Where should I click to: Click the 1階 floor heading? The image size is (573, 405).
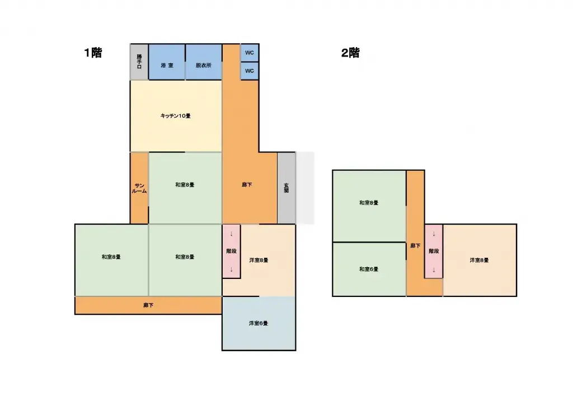[93, 53]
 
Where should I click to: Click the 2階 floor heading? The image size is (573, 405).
[350, 53]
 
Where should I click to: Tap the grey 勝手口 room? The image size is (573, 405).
[139, 62]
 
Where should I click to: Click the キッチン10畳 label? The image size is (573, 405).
[176, 116]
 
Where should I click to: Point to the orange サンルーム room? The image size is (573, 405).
[140, 188]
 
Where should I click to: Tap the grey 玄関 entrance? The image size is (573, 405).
[286, 188]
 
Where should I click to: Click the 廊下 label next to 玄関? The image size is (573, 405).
[247, 185]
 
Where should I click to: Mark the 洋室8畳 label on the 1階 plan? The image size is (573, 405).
[259, 260]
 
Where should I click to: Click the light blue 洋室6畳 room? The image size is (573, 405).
[259, 323]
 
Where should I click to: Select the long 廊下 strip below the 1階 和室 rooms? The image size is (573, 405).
[148, 305]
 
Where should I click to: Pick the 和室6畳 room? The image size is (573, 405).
[369, 269]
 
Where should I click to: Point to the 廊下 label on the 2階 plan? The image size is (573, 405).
[415, 245]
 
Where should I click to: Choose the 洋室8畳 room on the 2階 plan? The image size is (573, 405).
[480, 260]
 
